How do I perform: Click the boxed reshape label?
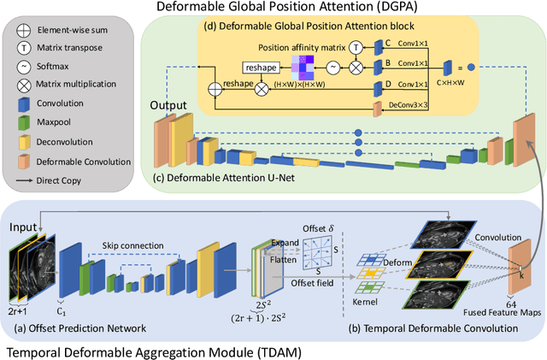235,67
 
